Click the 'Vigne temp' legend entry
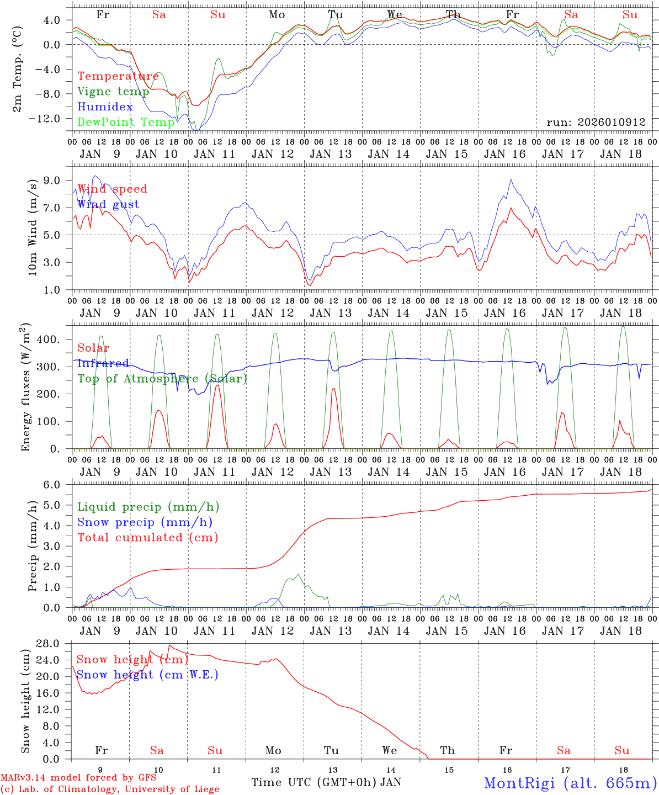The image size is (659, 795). [x=113, y=92]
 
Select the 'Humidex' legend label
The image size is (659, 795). [x=105, y=107]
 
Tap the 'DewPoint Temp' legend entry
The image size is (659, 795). [x=126, y=122]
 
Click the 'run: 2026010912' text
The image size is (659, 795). [x=596, y=123]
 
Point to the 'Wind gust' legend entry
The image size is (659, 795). [x=108, y=204]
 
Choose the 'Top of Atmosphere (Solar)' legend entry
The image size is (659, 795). [x=162, y=379]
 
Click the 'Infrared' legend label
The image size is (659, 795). [x=103, y=363]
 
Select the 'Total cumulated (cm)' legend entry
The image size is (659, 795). [x=148, y=537]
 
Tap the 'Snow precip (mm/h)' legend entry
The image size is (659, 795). [x=145, y=522]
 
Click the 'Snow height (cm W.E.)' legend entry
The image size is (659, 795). [x=147, y=675]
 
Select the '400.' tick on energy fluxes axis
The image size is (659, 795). [x=49, y=340]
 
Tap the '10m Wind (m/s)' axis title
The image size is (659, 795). [x=33, y=226]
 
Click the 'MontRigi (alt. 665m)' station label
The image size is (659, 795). [x=570, y=783]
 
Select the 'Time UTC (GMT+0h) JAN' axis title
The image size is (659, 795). [x=326, y=782]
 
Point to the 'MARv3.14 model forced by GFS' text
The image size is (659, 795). [x=78, y=778]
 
